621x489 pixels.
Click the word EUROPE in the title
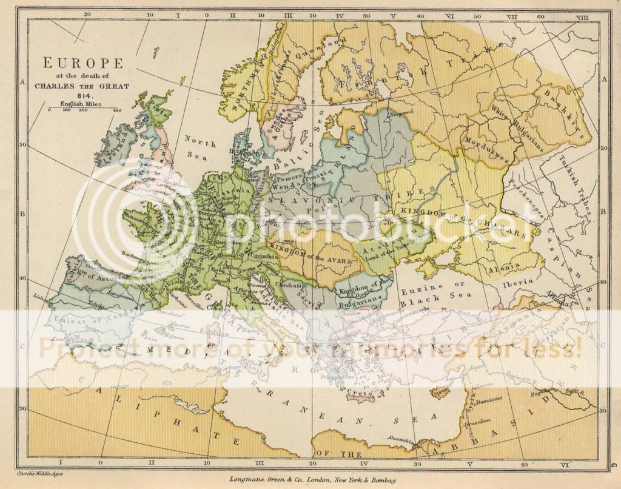pos(82,62)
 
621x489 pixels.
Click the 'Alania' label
pos(501,265)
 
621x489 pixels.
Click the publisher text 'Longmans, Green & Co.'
pos(267,479)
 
